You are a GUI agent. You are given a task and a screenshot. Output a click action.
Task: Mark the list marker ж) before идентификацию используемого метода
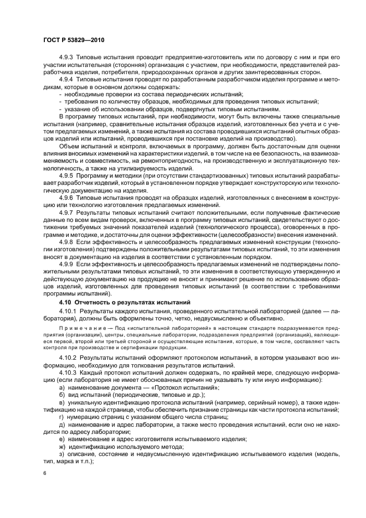pos(62,446)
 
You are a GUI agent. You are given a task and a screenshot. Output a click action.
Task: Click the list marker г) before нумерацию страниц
pos(61,416)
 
